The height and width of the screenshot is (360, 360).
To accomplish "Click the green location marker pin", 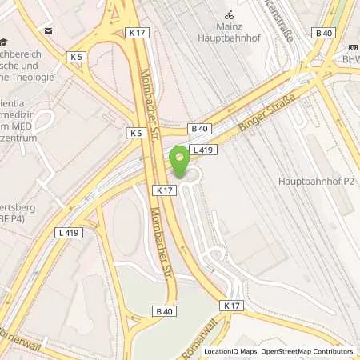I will pyautogui.click(x=180, y=160).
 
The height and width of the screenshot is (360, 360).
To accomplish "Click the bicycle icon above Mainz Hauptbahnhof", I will pyautogui.click(x=230, y=14).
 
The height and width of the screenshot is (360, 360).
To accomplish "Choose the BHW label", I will pyautogui.click(x=351, y=58).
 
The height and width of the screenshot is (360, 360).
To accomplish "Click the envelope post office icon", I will pyautogui.click(x=49, y=31).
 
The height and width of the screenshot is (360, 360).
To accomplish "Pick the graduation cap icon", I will pyautogui.click(x=5, y=42).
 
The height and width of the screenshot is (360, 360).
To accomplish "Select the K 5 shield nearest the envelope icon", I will pyautogui.click(x=77, y=57).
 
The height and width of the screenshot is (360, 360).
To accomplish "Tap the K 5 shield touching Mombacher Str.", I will pyautogui.click(x=134, y=132).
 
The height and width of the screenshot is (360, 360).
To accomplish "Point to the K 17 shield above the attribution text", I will pyautogui.click(x=233, y=306).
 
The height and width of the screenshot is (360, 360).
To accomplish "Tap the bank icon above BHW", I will pyautogui.click(x=351, y=45).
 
